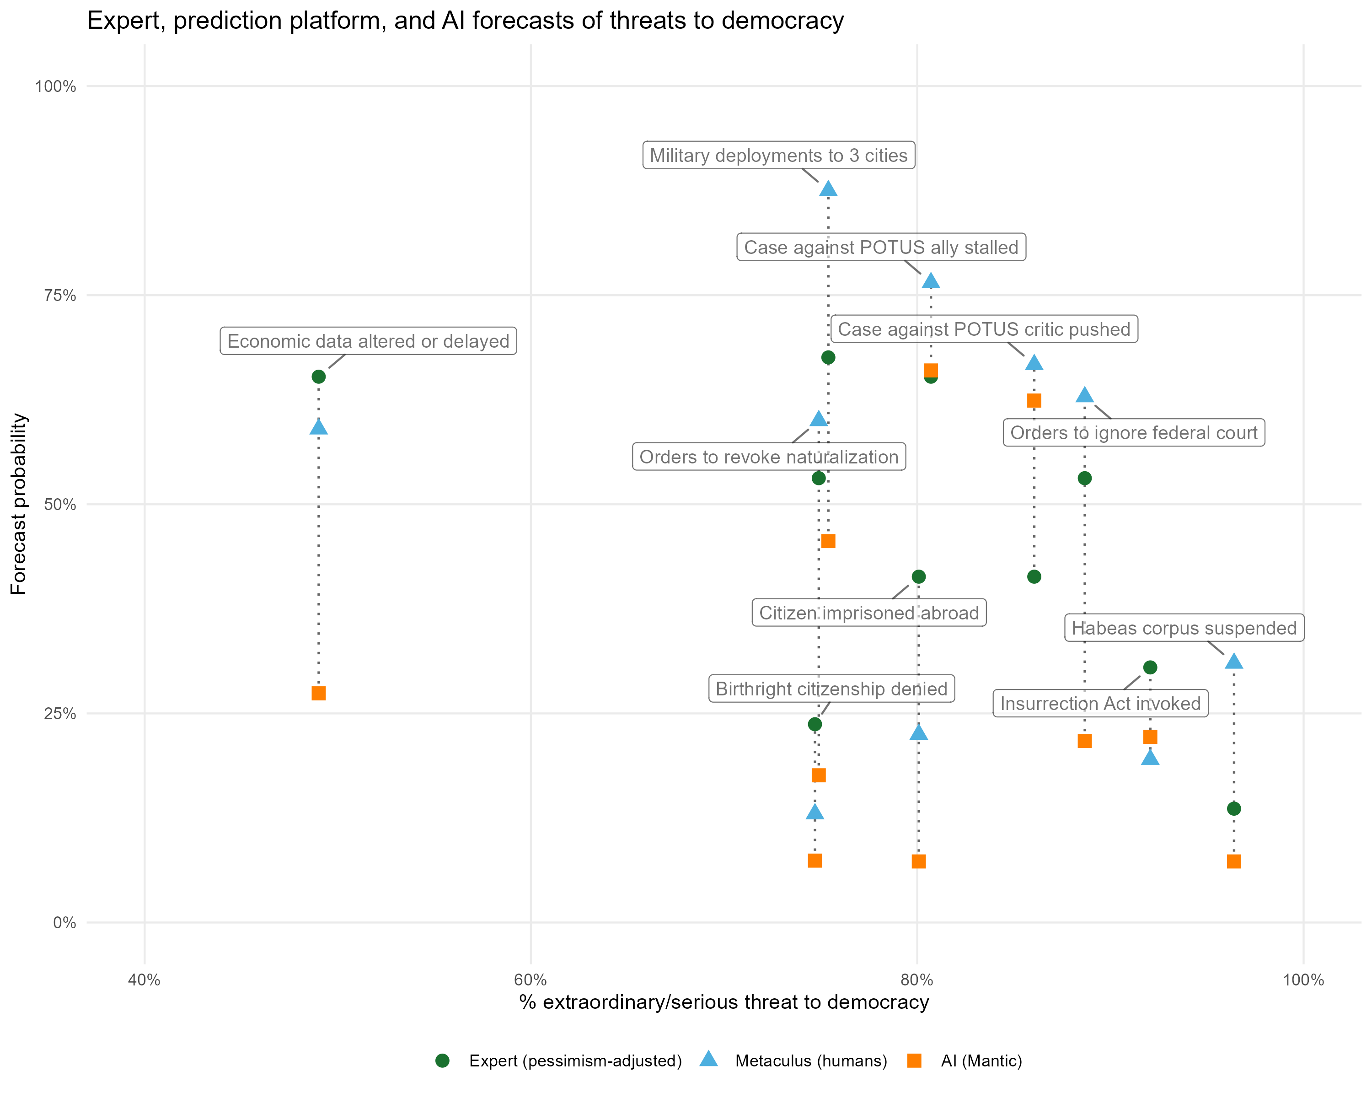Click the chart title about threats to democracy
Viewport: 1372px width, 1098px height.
pyautogui.click(x=465, y=21)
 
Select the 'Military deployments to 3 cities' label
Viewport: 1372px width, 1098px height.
pyautogui.click(x=778, y=155)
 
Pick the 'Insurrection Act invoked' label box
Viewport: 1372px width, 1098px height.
pyautogui.click(x=1100, y=703)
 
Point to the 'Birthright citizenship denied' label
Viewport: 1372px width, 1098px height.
pyautogui.click(x=831, y=689)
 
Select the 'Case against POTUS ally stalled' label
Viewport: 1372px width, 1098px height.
pyautogui.click(x=881, y=247)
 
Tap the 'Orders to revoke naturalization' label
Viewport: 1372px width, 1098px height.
pyautogui.click(x=769, y=457)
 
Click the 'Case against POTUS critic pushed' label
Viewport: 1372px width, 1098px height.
pyautogui.click(x=984, y=329)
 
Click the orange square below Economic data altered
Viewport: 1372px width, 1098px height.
pyautogui.click(x=319, y=693)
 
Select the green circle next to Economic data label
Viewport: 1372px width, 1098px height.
pyautogui.click(x=319, y=377)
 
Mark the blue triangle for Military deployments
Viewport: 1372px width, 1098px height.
pyautogui.click(x=828, y=189)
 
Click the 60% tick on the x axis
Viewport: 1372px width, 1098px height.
pyautogui.click(x=531, y=980)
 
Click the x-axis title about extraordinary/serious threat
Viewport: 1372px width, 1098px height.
pyautogui.click(x=724, y=1002)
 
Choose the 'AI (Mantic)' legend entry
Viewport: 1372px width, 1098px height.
pyautogui.click(x=981, y=1061)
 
